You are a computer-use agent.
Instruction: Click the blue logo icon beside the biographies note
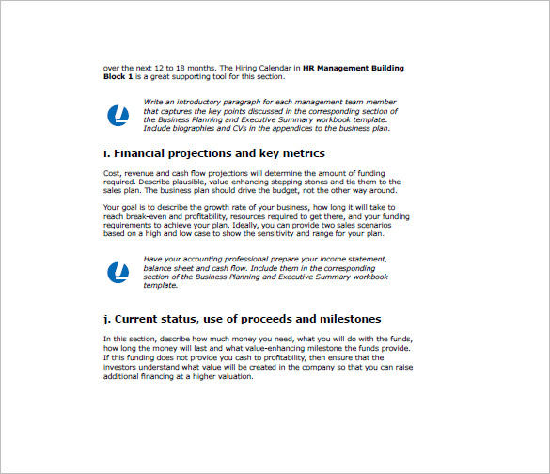pos(120,116)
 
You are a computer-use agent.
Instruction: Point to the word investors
pos(125,368)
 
